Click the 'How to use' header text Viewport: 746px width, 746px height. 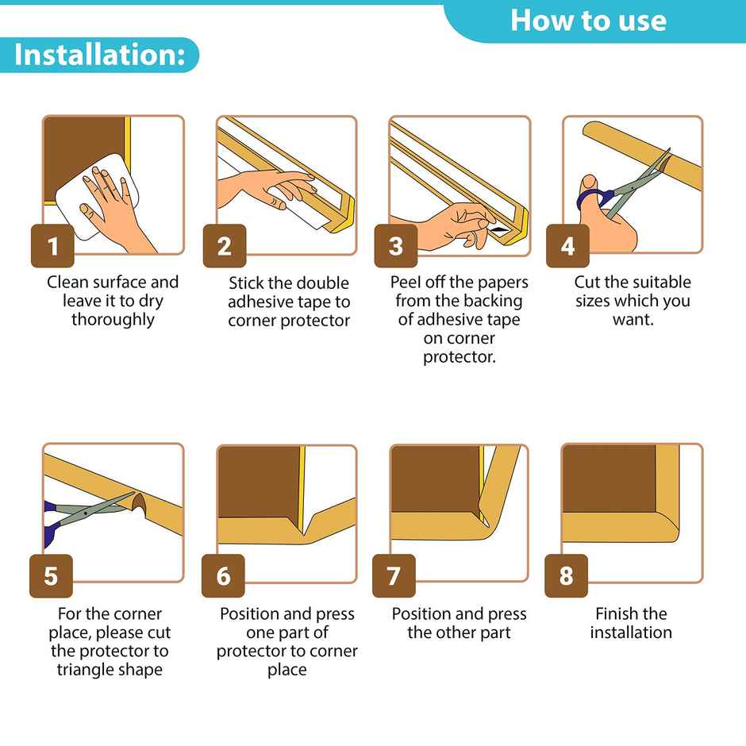click(588, 20)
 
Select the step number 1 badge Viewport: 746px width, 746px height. click(52, 246)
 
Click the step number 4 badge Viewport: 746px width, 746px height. click(567, 246)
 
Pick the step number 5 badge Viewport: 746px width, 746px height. click(51, 575)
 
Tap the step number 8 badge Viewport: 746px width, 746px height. click(566, 575)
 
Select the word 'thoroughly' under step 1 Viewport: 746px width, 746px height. click(113, 320)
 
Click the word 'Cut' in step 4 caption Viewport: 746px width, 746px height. click(588, 283)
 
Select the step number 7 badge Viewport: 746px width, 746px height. click(394, 575)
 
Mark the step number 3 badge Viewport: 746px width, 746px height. click(396, 246)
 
